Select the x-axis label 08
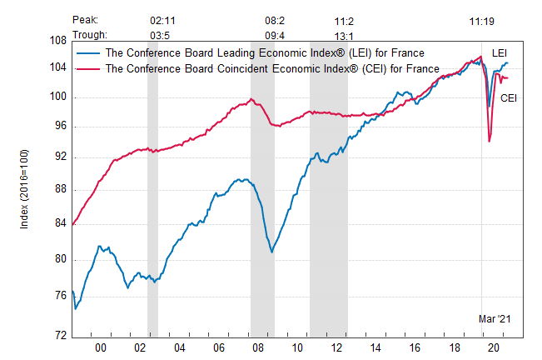point(256,348)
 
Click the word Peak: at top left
point(86,18)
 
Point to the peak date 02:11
point(163,18)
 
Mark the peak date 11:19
point(483,18)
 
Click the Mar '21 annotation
point(493,319)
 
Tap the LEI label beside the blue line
point(500,53)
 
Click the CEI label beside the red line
point(510,98)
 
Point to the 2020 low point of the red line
point(489,142)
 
